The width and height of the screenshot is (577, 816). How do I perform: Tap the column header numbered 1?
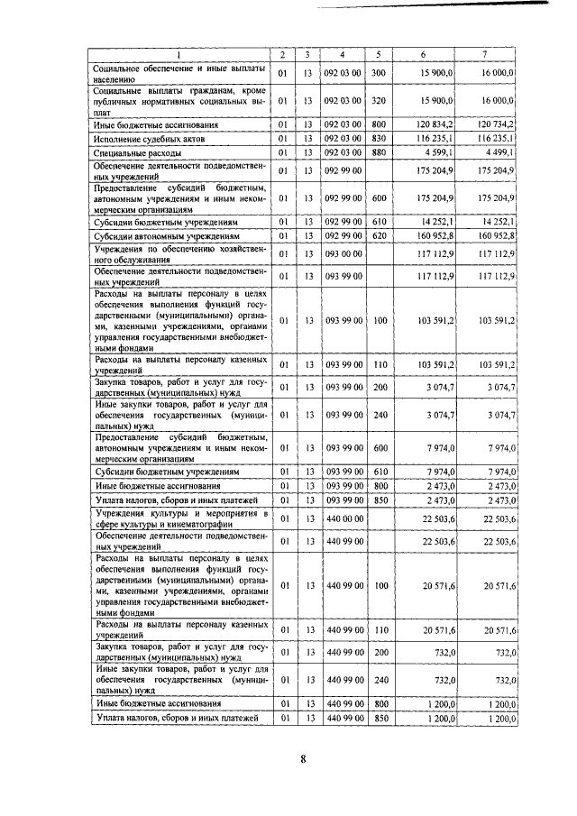(179, 55)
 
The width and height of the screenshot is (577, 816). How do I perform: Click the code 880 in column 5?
(379, 154)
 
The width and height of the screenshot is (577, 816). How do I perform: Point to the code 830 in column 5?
(379, 140)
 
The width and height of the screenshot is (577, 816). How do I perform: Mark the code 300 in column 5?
(379, 73)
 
